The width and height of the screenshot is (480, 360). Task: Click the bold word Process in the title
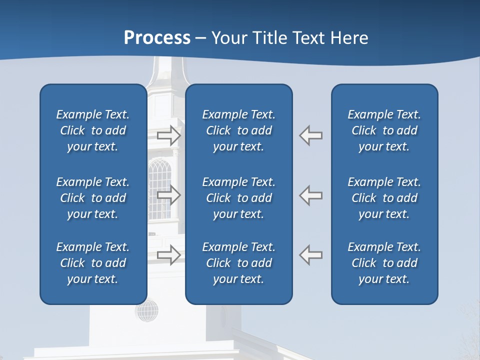[157, 37]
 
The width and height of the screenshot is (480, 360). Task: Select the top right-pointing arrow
[168, 135]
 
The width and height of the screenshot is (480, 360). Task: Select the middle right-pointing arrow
[168, 195]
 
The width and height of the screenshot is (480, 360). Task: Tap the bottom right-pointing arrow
[168, 254]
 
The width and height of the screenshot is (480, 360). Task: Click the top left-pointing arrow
[311, 135]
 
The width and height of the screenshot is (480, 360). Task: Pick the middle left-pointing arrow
[311, 195]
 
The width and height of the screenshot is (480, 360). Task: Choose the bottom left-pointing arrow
[311, 254]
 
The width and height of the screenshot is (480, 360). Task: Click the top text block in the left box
[93, 130]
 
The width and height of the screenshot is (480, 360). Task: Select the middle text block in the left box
[93, 198]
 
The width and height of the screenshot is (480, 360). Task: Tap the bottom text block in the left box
[93, 263]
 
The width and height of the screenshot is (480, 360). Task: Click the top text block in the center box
[239, 130]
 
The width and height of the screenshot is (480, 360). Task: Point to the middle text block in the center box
[239, 198]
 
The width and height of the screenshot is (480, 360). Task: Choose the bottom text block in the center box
[239, 263]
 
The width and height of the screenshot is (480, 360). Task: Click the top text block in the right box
[384, 130]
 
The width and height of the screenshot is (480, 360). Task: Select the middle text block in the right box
[384, 198]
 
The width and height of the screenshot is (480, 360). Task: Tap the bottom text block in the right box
[384, 263]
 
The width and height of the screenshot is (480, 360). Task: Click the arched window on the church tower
[159, 187]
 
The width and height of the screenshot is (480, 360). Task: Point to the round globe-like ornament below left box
[147, 310]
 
